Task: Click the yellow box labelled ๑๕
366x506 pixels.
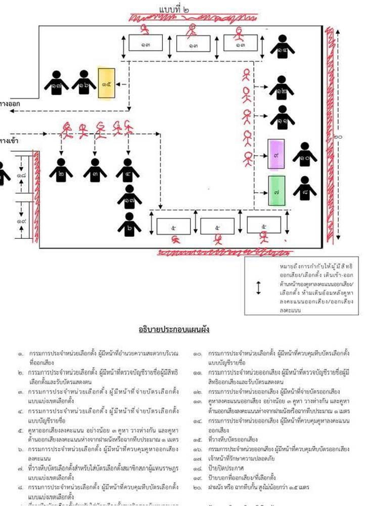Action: pos(106,83)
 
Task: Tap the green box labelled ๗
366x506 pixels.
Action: pos(276,191)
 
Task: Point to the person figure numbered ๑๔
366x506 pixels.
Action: pos(282,48)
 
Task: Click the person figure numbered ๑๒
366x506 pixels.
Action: pos(281,89)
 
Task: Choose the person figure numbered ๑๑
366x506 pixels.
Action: pos(281,119)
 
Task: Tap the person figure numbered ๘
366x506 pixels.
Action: pos(305,189)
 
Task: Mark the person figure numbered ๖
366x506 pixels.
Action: pos(130,225)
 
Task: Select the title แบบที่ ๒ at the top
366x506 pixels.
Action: pos(174,10)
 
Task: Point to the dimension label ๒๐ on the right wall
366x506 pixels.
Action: pos(338,137)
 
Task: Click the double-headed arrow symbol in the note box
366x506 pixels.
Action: pos(258,287)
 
